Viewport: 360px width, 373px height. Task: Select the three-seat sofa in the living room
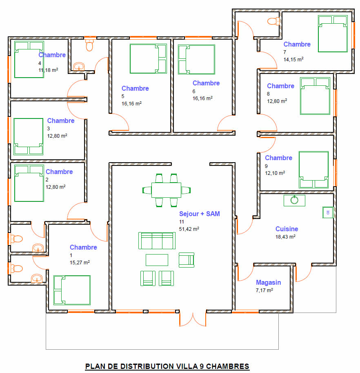point(157,241)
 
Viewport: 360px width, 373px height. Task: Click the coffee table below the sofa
point(157,260)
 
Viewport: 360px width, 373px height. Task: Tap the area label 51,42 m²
point(189,229)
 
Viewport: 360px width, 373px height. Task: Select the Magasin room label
point(268,282)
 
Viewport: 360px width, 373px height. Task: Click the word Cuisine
point(287,229)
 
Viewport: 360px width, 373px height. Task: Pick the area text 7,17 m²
point(264,290)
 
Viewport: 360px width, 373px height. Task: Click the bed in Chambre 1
point(72,290)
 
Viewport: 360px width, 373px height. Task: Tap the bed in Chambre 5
point(148,59)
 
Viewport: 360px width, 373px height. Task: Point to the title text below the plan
point(167,366)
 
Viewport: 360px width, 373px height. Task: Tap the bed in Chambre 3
point(28,136)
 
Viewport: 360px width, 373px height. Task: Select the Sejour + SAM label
point(199,214)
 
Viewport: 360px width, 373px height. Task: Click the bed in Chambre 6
point(196,60)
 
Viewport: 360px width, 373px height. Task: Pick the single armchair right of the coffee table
point(187,260)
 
